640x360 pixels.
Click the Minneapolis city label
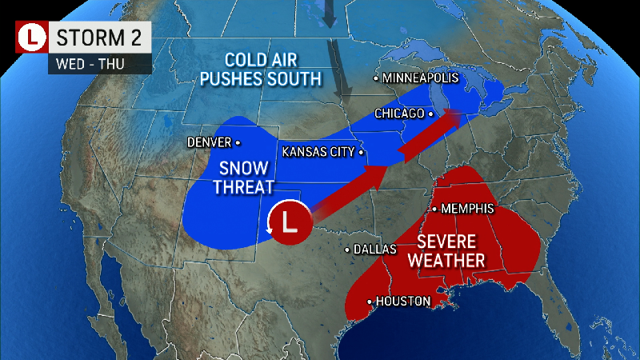coord(420,78)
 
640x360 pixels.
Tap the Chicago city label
coord(399,114)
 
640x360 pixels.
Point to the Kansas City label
coord(317,151)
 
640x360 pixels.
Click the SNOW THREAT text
coord(238,178)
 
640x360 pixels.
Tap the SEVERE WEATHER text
coord(450,251)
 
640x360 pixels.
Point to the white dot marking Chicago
coord(430,114)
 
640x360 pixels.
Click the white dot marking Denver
coord(237,142)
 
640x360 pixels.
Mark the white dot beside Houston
coord(370,301)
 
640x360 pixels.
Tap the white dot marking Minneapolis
coord(376,78)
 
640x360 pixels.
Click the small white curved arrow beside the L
coord(267,230)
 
